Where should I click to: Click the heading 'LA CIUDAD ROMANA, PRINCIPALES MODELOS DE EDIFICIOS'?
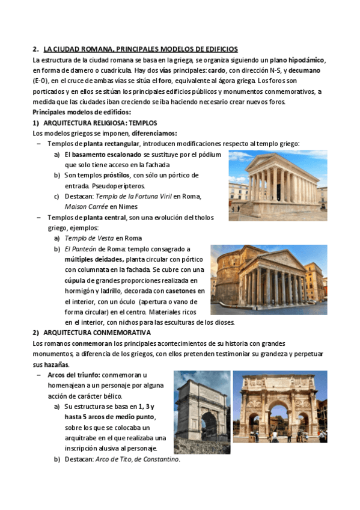(x=141, y=49)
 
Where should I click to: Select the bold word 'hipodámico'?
(x=307, y=60)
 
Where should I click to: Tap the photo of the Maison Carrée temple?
(x=278, y=185)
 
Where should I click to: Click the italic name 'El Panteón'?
(x=81, y=248)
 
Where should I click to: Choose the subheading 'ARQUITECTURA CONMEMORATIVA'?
(x=97, y=332)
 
